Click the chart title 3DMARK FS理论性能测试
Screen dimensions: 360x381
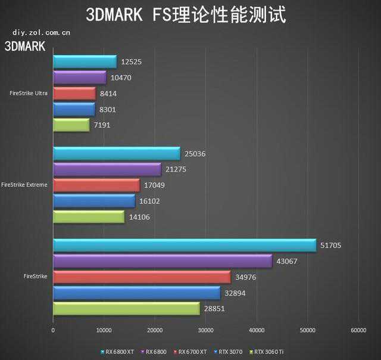pos(186,14)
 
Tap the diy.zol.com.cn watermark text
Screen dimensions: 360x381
pos(37,33)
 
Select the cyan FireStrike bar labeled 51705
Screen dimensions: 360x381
pos(185,245)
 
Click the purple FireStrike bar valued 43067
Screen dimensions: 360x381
pos(163,261)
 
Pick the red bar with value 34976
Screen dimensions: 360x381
pos(142,277)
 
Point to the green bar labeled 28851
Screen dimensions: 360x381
pos(126,308)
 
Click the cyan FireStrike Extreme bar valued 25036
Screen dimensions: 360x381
pos(116,154)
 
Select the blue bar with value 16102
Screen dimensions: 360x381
pos(94,201)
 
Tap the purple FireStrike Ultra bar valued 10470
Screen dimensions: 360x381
pos(80,77)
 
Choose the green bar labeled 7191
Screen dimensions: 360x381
pos(71,125)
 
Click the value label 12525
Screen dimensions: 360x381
pos(130,61)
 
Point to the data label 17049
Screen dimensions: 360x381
pos(154,185)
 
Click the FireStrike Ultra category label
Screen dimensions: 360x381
pos(29,93)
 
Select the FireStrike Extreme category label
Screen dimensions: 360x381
pos(25,185)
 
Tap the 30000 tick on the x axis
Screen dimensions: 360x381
pos(206,330)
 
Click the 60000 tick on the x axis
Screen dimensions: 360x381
pos(358,330)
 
